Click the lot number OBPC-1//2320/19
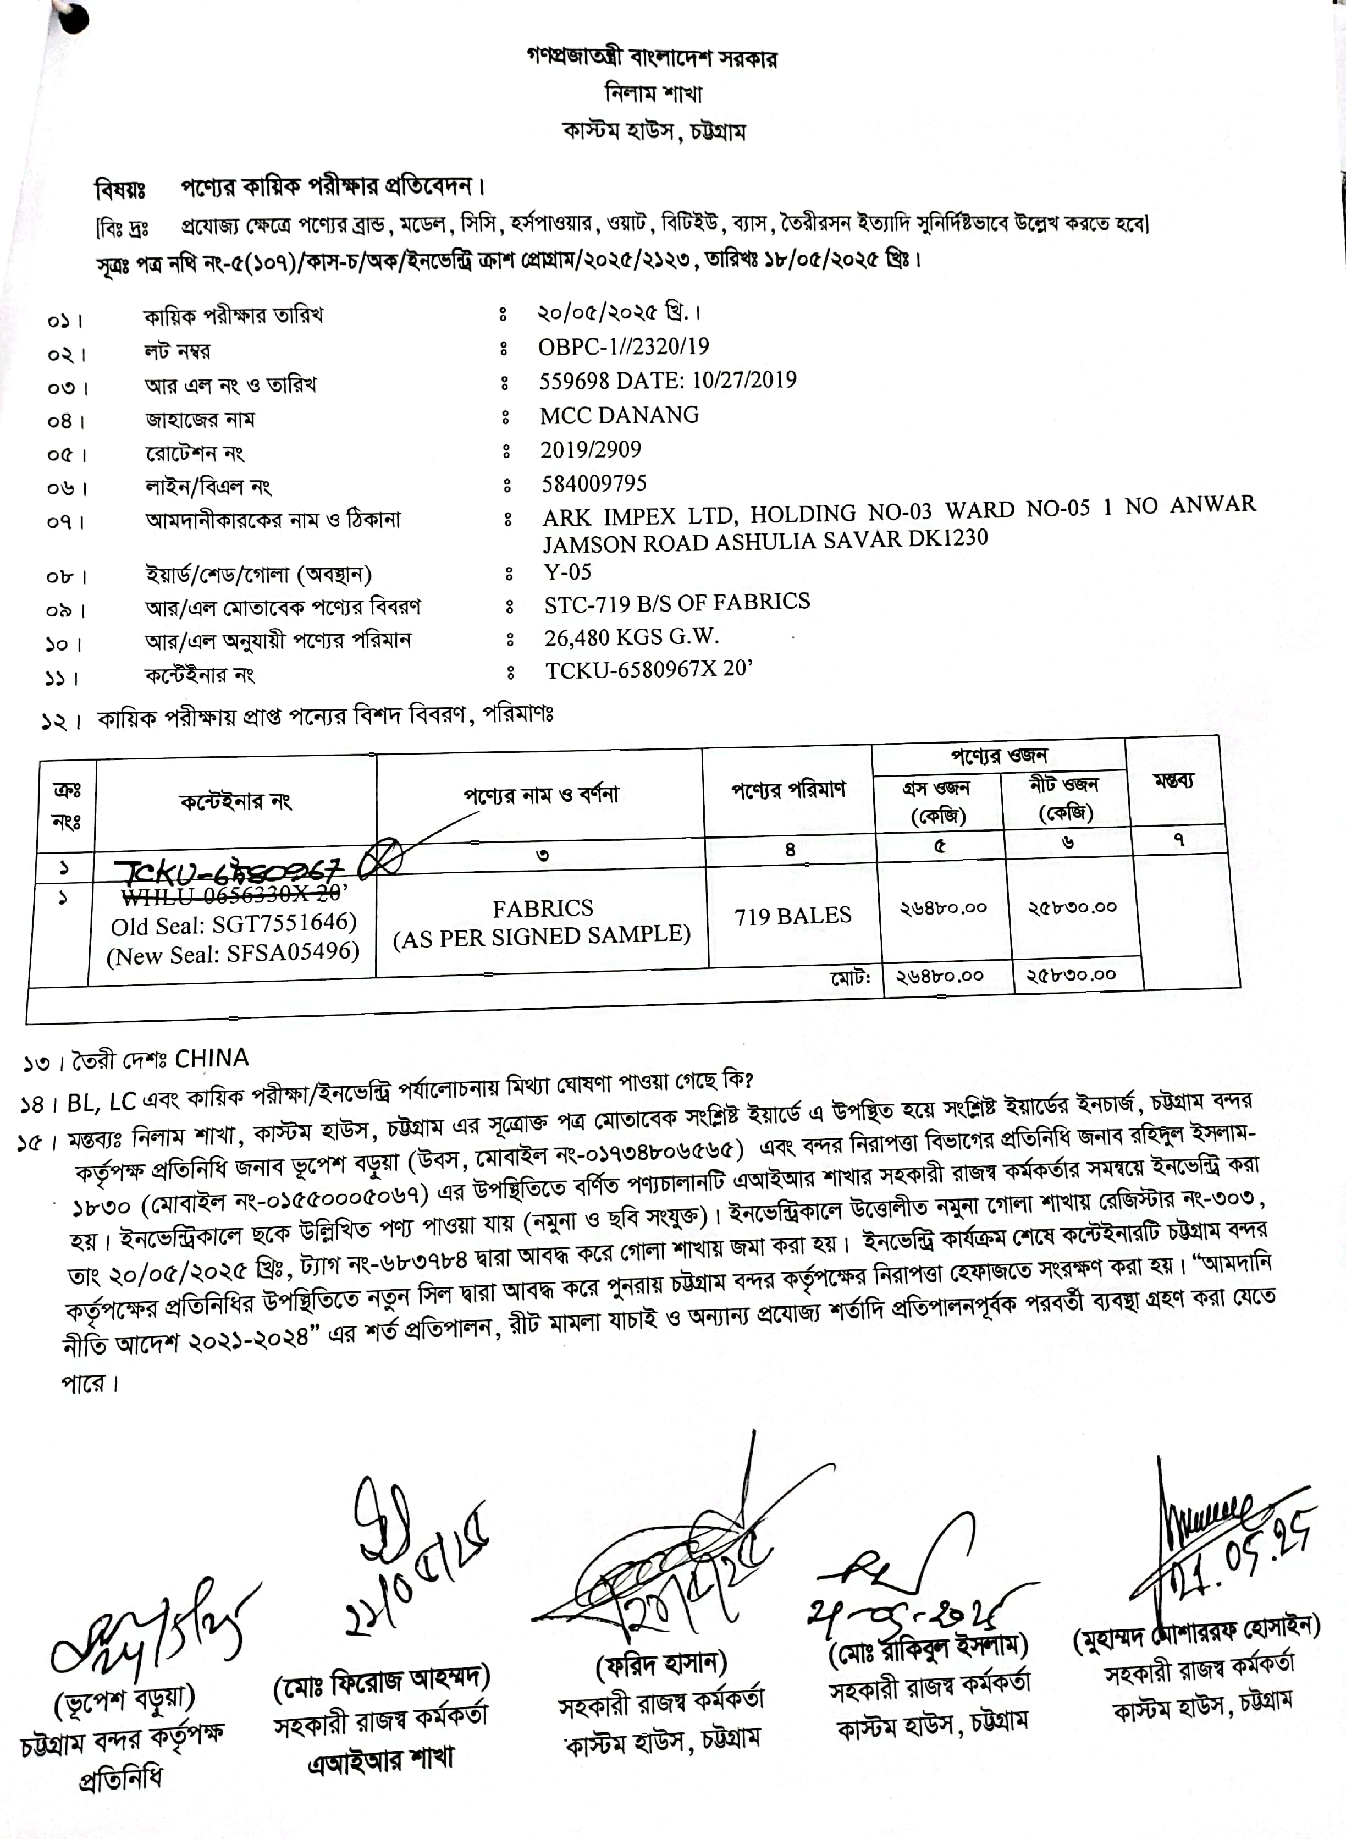click(624, 346)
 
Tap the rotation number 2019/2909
click(591, 449)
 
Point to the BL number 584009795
click(594, 483)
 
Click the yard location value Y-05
click(568, 571)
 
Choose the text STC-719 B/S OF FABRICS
click(677, 602)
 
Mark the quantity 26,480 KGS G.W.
click(631, 636)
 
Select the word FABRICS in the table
click(543, 908)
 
